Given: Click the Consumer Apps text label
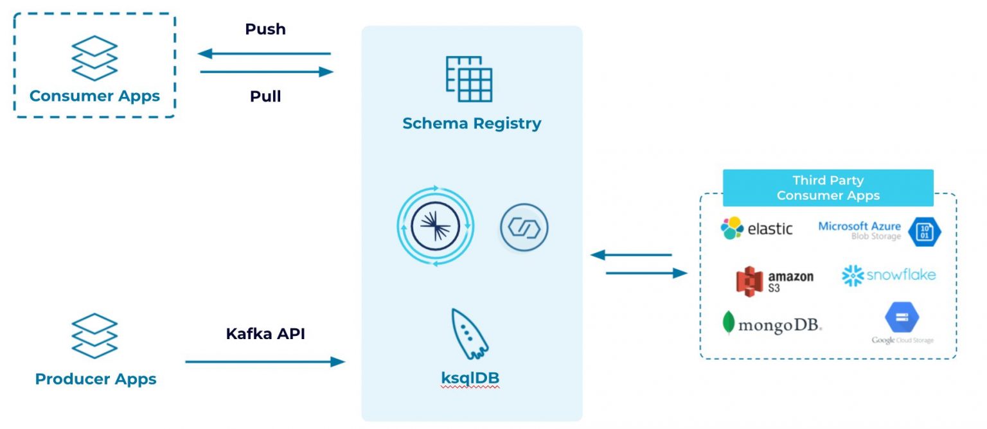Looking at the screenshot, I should point(94,96).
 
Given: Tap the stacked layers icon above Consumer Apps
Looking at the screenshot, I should point(94,58).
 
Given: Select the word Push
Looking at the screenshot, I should point(265,30).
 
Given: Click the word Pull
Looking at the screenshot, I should point(265,96).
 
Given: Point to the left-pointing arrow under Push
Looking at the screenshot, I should point(264,54).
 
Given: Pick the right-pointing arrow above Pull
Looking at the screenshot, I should point(267,72).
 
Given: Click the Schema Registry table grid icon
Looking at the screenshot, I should point(469,79).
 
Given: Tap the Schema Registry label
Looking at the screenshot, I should point(472,123).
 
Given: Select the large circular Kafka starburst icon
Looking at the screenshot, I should point(435,227).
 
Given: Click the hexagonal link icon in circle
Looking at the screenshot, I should point(524,227).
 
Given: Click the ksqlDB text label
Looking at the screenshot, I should point(470,379).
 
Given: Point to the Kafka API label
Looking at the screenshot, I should point(265,334).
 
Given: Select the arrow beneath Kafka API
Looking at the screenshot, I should point(265,362).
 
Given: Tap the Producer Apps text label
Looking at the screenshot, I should point(96,379).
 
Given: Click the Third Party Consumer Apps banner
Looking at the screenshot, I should point(828,188).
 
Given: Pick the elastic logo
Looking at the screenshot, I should point(756,229).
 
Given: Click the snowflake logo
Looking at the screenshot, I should point(889,276).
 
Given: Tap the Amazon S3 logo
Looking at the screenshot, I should point(774,281).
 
